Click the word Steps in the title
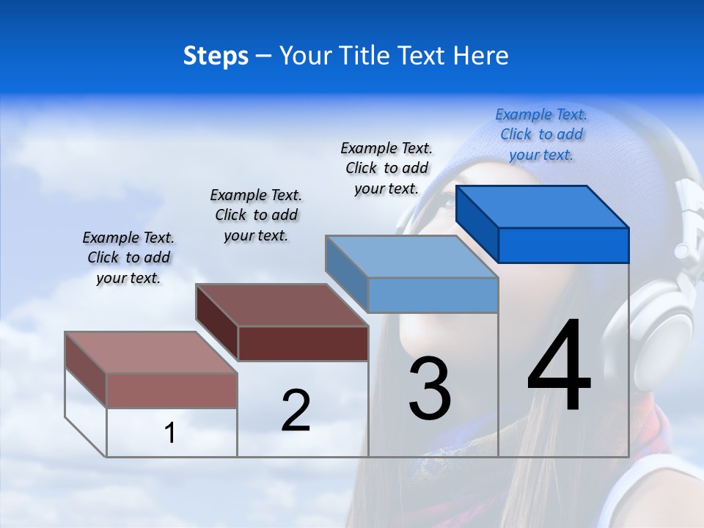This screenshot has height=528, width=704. pyautogui.click(x=215, y=56)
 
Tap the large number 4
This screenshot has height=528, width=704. pyautogui.click(x=559, y=367)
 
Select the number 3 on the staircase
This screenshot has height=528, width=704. pyautogui.click(x=430, y=388)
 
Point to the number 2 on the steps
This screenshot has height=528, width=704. pyautogui.click(x=296, y=411)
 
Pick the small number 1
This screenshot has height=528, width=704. pyautogui.click(x=169, y=433)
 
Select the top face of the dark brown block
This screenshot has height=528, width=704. pyautogui.click(x=282, y=304)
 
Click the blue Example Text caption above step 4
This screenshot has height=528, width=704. pyautogui.click(x=541, y=134)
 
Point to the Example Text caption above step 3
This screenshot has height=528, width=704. pyautogui.click(x=386, y=168)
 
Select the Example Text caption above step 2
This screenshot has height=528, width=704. pyautogui.click(x=256, y=215)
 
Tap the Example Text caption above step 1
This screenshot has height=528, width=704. pyautogui.click(x=128, y=257)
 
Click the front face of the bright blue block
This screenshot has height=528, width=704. pyautogui.click(x=563, y=245)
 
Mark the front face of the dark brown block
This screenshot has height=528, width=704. pyautogui.click(x=303, y=343)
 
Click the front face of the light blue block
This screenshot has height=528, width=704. pyautogui.click(x=433, y=295)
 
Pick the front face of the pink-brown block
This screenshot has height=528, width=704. pyautogui.click(x=172, y=390)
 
